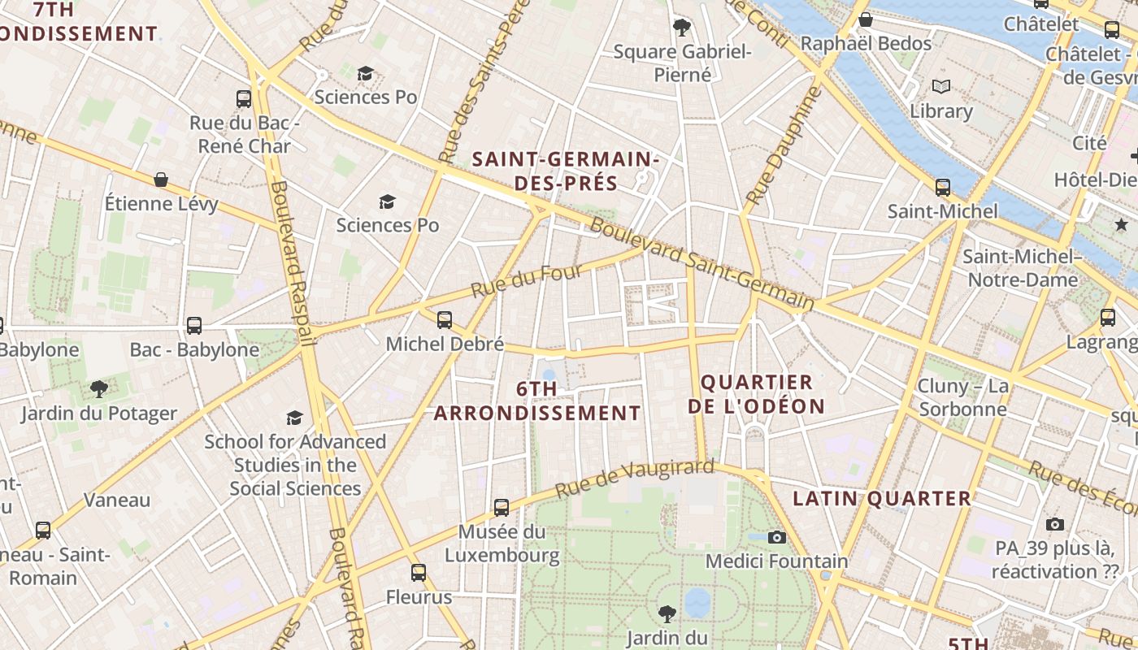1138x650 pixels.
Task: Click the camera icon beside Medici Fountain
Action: tap(777, 537)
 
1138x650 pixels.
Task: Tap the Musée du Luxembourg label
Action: tap(502, 544)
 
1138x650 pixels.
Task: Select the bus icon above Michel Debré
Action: tap(444, 319)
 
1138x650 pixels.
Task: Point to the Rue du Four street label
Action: tap(515, 281)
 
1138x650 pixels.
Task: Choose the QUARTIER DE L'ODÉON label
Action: tap(756, 394)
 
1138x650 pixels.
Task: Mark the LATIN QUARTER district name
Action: tap(882, 498)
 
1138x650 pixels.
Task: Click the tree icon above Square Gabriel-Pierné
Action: tap(681, 28)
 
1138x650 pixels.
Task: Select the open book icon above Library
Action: tap(941, 86)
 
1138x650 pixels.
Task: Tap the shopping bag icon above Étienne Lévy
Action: tap(161, 180)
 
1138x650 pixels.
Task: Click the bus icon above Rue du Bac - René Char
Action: tap(244, 99)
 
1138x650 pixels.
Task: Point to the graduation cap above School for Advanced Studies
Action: tap(294, 418)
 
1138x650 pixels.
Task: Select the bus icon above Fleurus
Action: tap(419, 573)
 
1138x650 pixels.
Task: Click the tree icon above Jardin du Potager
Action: tap(99, 389)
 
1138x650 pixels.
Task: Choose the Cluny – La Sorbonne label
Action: tap(962, 396)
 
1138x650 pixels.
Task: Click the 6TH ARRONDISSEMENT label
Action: tap(537, 401)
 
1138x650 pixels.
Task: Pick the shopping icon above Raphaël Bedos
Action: tap(866, 19)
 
